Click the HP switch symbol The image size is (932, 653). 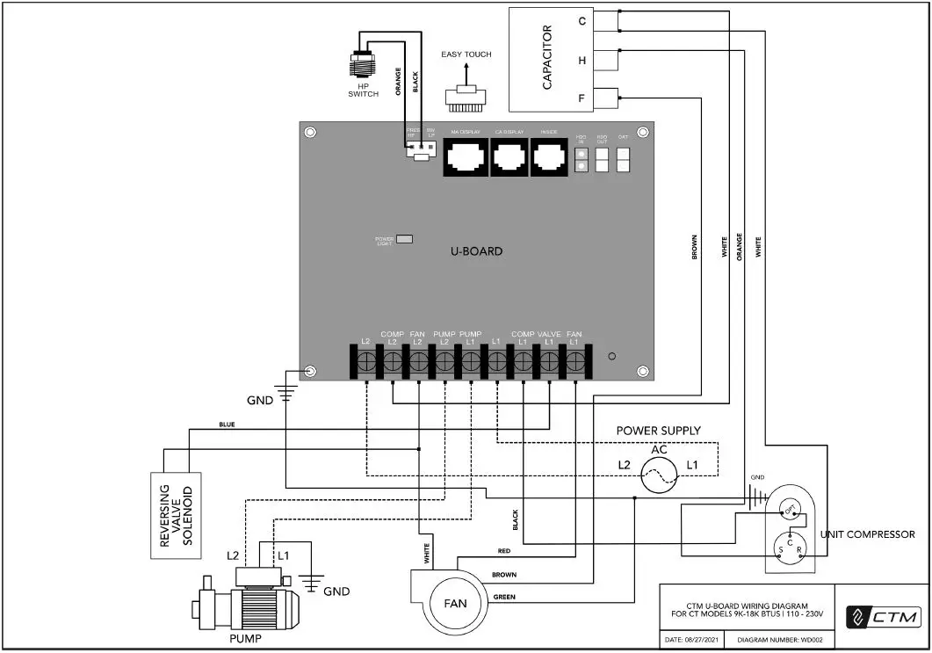tap(362, 62)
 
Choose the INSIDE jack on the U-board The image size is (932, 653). tap(549, 158)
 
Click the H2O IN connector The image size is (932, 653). tap(581, 159)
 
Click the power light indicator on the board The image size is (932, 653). tap(405, 238)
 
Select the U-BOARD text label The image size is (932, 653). tap(476, 251)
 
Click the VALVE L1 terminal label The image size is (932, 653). tap(549, 337)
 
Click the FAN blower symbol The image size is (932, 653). tap(454, 602)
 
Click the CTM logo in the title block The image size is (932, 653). tap(882, 617)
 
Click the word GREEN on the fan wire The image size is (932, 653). tap(503, 598)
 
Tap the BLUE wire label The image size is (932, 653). tap(227, 424)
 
